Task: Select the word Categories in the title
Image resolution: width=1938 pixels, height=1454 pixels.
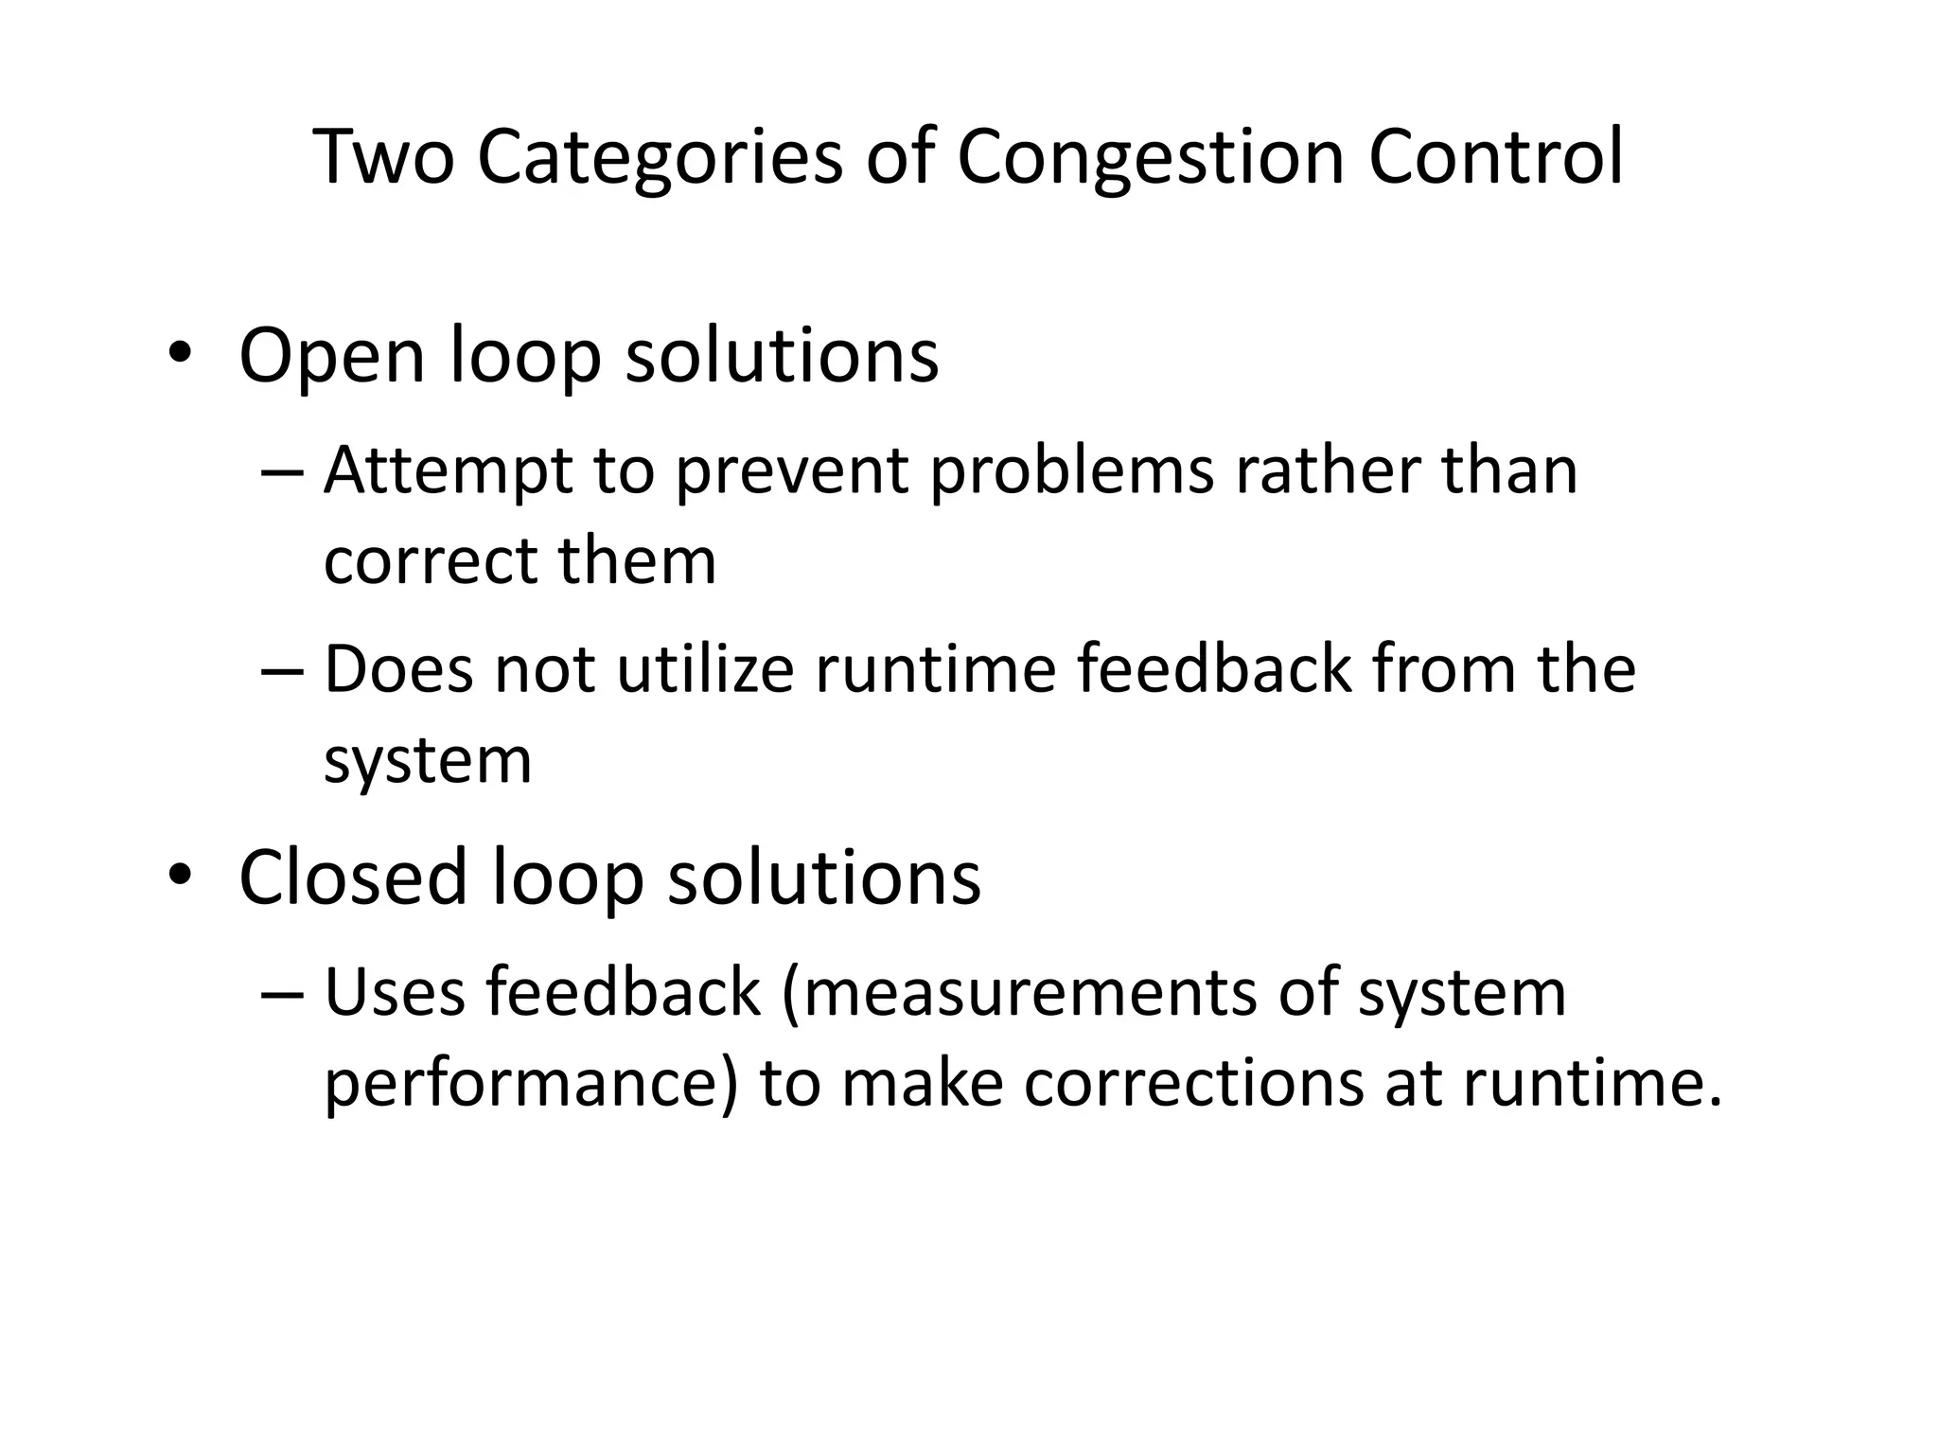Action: point(659,156)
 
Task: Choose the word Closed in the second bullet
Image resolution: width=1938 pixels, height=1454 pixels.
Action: point(354,877)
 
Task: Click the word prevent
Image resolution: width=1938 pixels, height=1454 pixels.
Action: point(791,470)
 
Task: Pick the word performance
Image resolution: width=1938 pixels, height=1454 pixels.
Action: point(531,1084)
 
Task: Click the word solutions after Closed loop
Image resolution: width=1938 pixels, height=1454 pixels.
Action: point(824,877)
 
